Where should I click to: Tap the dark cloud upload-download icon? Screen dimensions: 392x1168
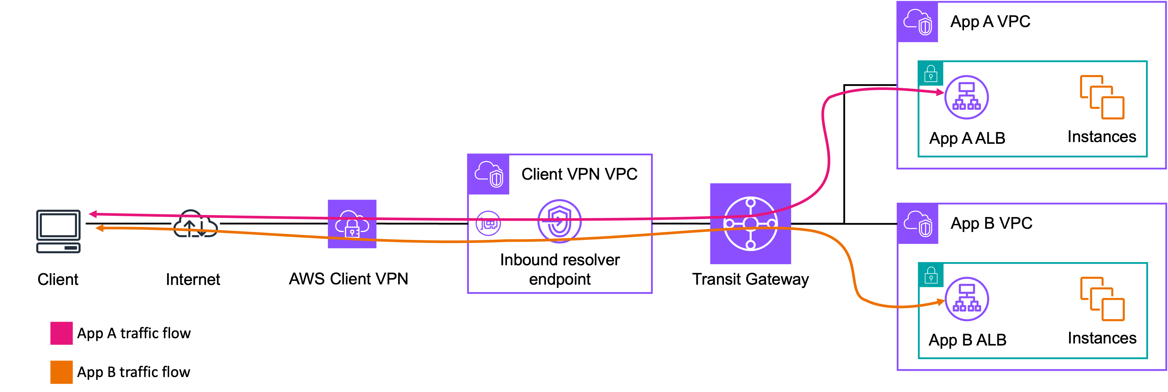coord(195,224)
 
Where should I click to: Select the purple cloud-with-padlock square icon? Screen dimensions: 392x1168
coord(352,224)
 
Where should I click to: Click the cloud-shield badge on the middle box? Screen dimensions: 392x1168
coord(488,174)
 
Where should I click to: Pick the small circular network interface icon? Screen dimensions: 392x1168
coord(488,223)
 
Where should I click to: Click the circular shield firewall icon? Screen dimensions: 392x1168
coord(559,221)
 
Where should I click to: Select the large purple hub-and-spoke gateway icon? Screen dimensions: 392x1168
coord(750,223)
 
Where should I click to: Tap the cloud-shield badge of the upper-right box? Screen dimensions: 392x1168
coord(917,22)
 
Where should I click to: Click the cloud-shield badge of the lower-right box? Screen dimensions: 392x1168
coord(917,223)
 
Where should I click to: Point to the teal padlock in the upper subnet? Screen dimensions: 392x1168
coord(931,74)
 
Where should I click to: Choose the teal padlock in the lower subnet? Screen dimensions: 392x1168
coord(931,275)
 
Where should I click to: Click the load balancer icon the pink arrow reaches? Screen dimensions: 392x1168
coord(966,97)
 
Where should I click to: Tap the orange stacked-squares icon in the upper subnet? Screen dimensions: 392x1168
coord(1102,97)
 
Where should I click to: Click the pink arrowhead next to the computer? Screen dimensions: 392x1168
coord(92,214)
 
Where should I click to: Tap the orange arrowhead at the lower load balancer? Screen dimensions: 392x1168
coord(941,302)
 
